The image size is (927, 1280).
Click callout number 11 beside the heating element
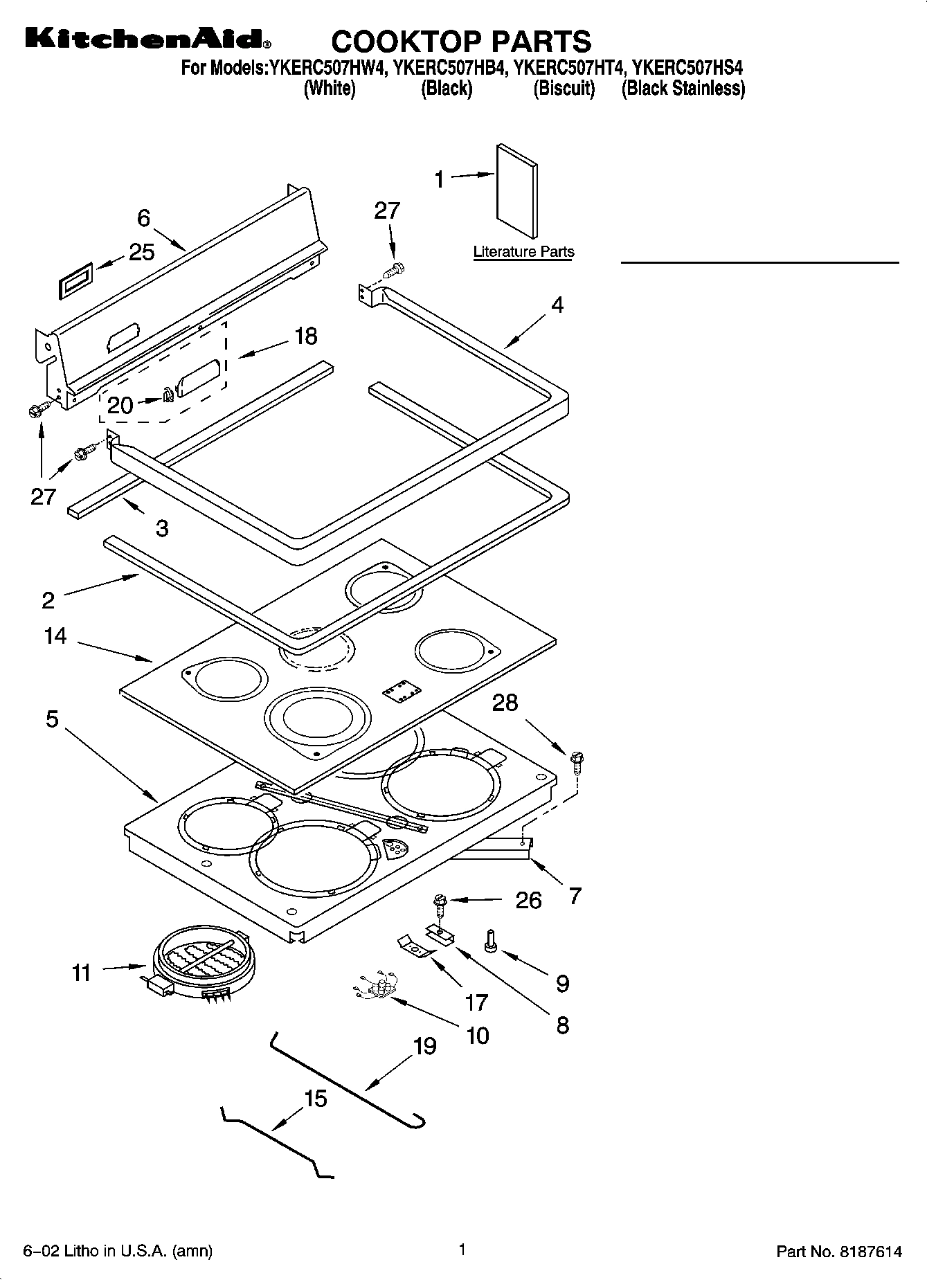tap(82, 973)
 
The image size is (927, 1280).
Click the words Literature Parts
tap(523, 252)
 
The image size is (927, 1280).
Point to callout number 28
tap(505, 703)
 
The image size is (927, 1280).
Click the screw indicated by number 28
tap(577, 761)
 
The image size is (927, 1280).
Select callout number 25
tap(141, 252)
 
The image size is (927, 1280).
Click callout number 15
tap(315, 1099)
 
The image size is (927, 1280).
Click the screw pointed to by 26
tap(438, 902)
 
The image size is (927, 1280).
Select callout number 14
tap(55, 636)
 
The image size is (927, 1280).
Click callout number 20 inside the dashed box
tap(120, 405)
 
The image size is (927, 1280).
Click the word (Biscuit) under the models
tap(564, 89)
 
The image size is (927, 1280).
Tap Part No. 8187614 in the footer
tap(839, 1251)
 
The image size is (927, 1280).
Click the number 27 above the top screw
tap(387, 210)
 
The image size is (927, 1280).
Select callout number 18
tap(305, 336)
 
